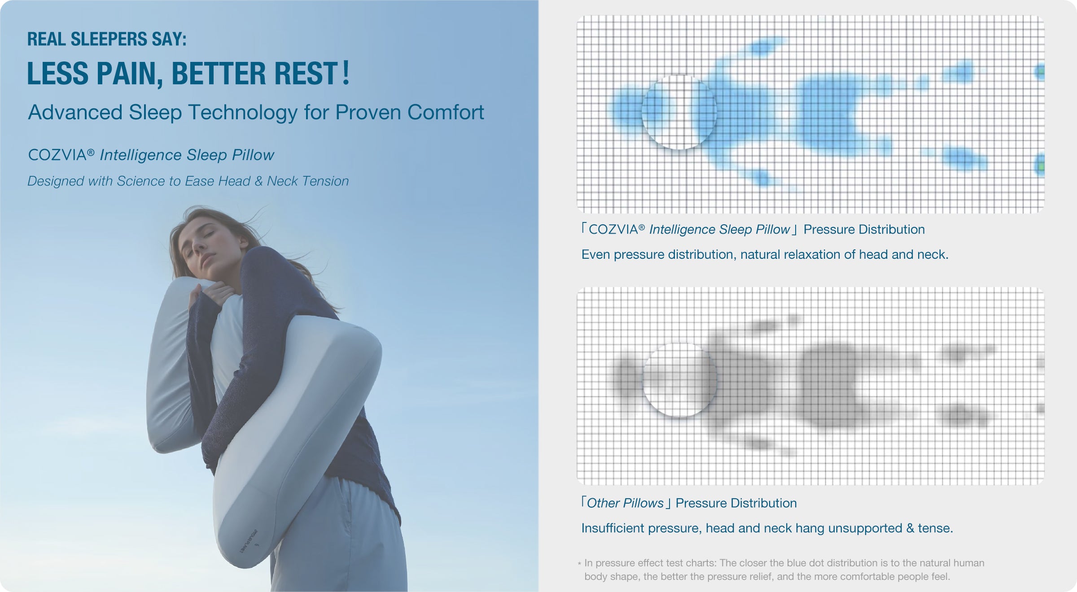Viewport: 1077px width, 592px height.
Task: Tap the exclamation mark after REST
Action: click(345, 73)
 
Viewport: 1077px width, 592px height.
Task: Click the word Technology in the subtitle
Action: click(243, 113)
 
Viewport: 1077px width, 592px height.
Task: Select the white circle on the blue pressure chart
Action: click(679, 112)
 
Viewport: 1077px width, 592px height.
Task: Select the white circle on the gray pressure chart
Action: click(679, 380)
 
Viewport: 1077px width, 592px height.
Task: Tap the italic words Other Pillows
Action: click(625, 503)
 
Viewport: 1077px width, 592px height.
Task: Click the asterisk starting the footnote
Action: click(579, 564)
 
